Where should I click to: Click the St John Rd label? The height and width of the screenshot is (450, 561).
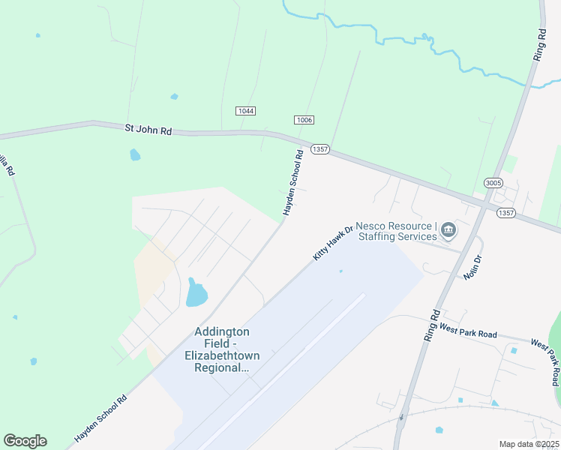[148, 130]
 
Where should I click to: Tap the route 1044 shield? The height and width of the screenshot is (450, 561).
[245, 111]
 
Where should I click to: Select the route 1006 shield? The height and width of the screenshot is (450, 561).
[304, 120]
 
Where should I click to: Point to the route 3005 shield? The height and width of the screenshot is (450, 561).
[493, 183]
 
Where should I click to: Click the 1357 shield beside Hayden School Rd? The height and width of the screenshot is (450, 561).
[320, 149]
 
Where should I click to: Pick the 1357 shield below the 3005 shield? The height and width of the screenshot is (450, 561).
[505, 213]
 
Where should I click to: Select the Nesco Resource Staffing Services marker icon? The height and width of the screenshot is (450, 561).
[448, 229]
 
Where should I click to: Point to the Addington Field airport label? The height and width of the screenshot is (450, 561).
[222, 349]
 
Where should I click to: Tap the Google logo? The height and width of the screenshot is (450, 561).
[25, 441]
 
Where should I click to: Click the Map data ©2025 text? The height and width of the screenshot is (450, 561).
[528, 444]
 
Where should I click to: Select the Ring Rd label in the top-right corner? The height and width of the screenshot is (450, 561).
[541, 45]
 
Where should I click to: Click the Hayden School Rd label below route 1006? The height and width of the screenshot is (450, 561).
[292, 184]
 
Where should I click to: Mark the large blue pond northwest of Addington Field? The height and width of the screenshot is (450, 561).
[196, 292]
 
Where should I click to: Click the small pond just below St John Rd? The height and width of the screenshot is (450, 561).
[135, 154]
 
